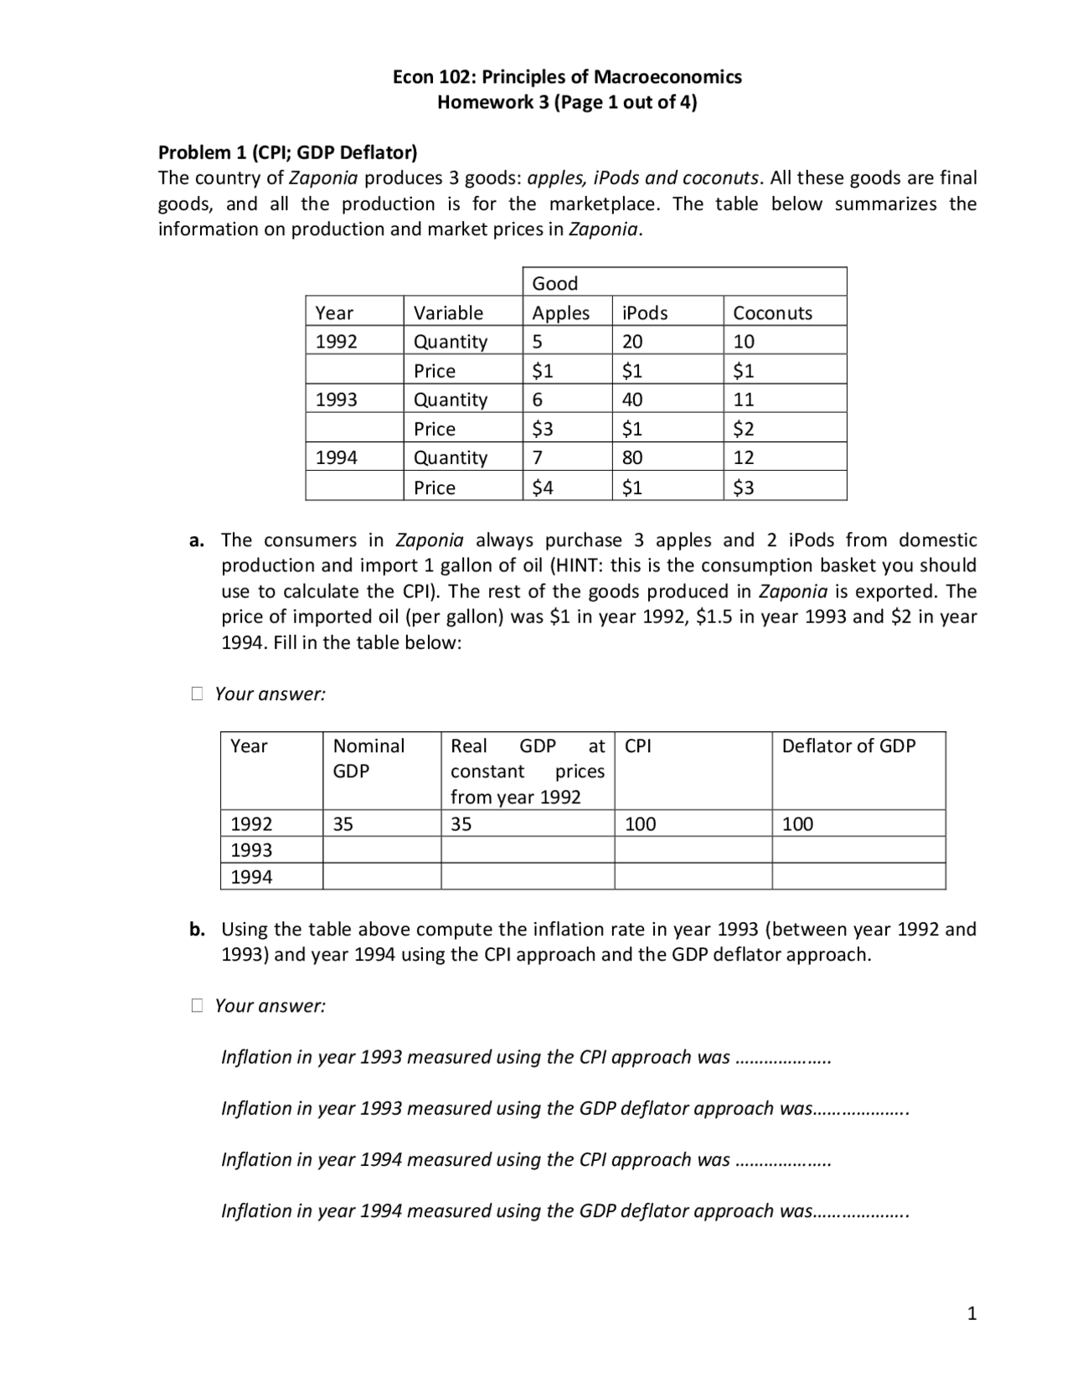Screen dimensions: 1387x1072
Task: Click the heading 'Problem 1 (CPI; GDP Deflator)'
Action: click(287, 152)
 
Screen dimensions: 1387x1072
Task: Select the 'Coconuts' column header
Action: click(772, 312)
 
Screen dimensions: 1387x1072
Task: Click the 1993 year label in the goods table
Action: click(336, 400)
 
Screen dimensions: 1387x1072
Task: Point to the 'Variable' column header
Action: click(448, 312)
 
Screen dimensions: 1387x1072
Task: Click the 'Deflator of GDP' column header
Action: click(848, 745)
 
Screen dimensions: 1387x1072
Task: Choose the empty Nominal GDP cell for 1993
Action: click(381, 850)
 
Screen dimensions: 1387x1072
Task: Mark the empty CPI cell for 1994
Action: click(693, 877)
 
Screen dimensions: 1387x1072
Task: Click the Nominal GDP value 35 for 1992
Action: click(343, 823)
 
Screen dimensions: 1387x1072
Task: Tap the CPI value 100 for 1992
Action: click(641, 823)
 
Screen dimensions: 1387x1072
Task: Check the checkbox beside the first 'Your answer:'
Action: click(197, 693)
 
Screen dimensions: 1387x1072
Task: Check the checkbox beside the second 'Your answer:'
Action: click(197, 1005)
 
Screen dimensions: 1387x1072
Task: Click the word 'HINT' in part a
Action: click(575, 565)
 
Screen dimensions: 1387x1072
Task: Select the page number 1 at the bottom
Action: click(971, 1313)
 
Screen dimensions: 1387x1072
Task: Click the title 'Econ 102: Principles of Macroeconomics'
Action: click(567, 77)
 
